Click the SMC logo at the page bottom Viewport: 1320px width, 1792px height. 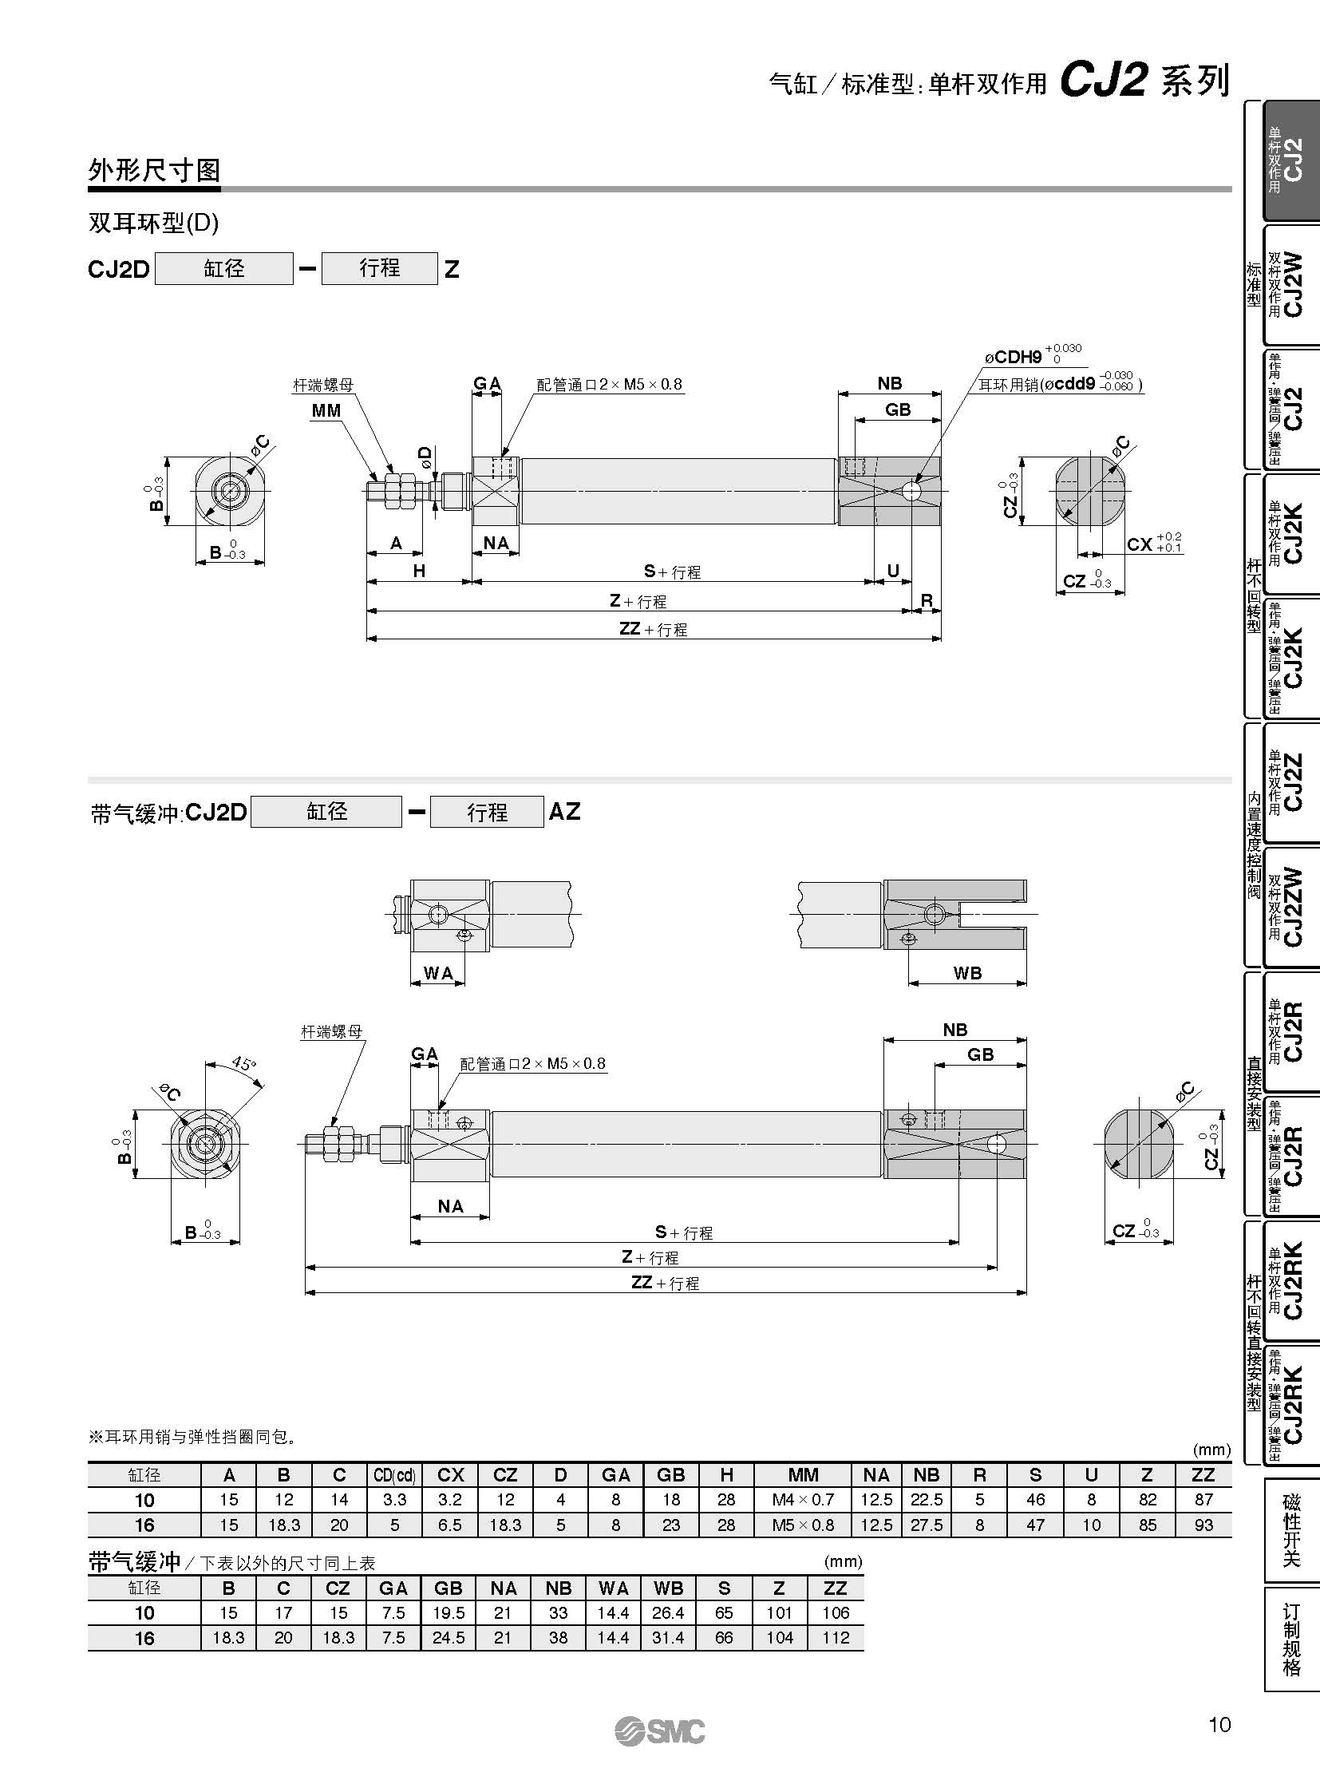660,1731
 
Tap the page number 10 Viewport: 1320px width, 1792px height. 1219,1725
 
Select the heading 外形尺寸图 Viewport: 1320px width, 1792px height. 154,170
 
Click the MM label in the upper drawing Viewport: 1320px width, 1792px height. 326,411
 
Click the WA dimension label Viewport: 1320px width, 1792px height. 438,973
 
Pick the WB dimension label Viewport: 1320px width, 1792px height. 966,973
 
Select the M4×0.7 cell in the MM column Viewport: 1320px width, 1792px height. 802,1501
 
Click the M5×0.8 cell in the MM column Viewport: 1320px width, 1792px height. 802,1525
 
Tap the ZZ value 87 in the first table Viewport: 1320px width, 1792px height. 1203,1501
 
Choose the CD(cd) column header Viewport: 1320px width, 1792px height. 394,1475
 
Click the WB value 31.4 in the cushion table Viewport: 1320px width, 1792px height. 668,1638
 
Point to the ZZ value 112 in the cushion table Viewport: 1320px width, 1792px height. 836,1638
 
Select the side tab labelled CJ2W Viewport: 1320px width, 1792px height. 1292,284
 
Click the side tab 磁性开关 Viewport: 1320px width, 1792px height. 1291,1531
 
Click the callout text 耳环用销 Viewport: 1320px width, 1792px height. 1009,385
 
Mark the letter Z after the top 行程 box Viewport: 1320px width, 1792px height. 453,269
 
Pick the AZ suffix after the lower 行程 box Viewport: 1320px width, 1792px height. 564,812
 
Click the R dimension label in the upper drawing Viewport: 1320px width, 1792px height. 927,599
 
